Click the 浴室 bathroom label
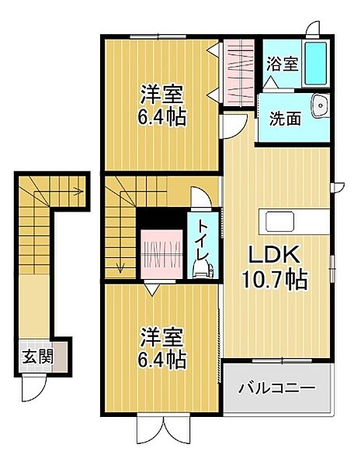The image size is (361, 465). (x=283, y=64)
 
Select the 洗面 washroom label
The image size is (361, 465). (x=285, y=119)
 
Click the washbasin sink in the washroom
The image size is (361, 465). (x=318, y=107)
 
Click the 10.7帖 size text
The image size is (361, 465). (x=276, y=280)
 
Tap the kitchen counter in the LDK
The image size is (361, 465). (x=294, y=221)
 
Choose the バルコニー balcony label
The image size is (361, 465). (x=276, y=387)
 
